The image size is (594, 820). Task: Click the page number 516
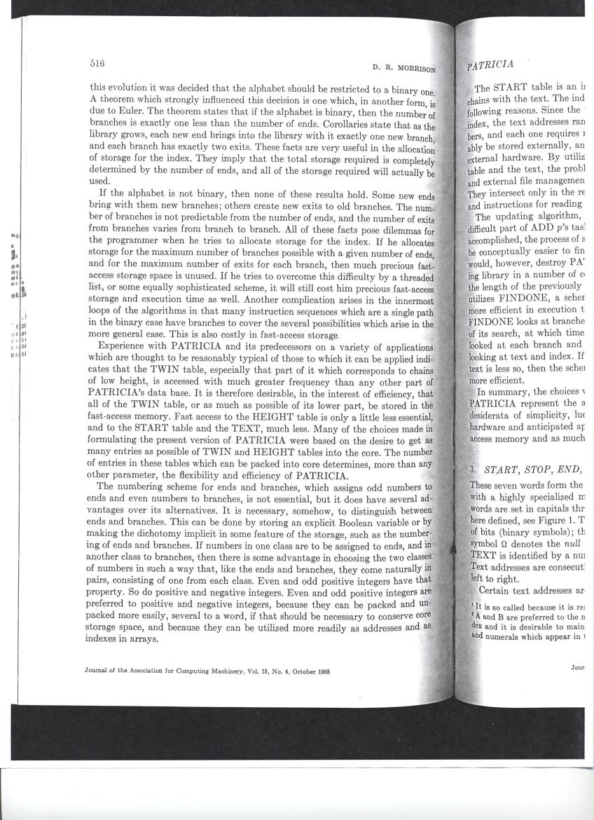97,63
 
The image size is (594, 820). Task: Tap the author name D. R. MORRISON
404,69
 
